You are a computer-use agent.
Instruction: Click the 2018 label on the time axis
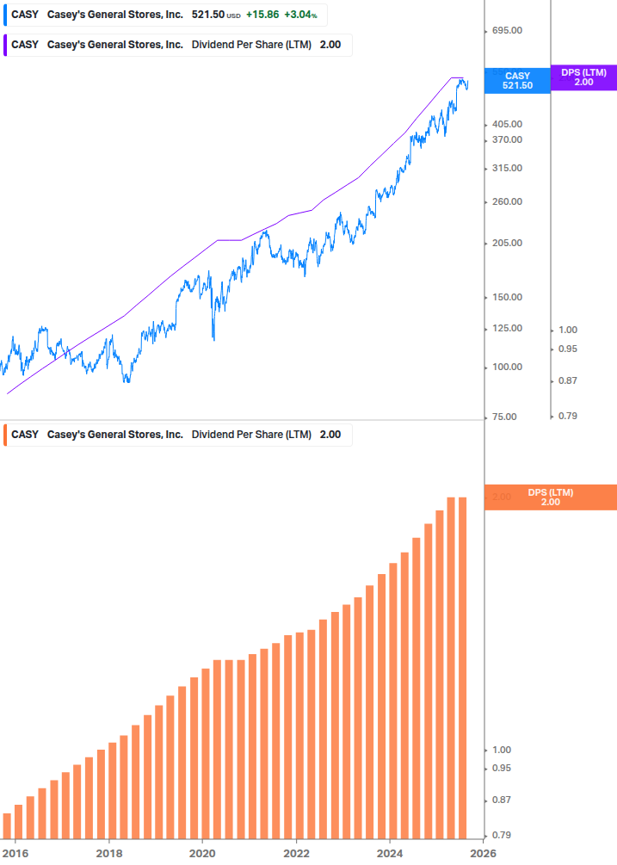pyautogui.click(x=108, y=853)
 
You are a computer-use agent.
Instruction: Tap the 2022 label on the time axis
pyautogui.click(x=296, y=853)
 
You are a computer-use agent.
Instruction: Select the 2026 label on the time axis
pyautogui.click(x=483, y=853)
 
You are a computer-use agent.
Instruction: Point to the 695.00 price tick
pyautogui.click(x=505, y=31)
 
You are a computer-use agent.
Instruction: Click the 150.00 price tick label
pyautogui.click(x=505, y=298)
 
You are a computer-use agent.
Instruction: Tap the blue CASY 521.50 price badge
pyautogui.click(x=517, y=81)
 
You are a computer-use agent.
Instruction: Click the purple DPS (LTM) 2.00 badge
pyautogui.click(x=583, y=77)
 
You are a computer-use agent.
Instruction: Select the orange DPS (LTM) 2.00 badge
pyautogui.click(x=551, y=497)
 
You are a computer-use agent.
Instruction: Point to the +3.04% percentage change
pyautogui.click(x=300, y=15)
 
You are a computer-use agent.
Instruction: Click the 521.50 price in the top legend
pyautogui.click(x=207, y=15)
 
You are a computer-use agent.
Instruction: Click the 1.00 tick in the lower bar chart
pyautogui.click(x=500, y=750)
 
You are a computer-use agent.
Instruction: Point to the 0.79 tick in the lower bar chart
pyautogui.click(x=500, y=835)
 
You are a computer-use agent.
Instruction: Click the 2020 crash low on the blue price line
pyautogui.click(x=213, y=338)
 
